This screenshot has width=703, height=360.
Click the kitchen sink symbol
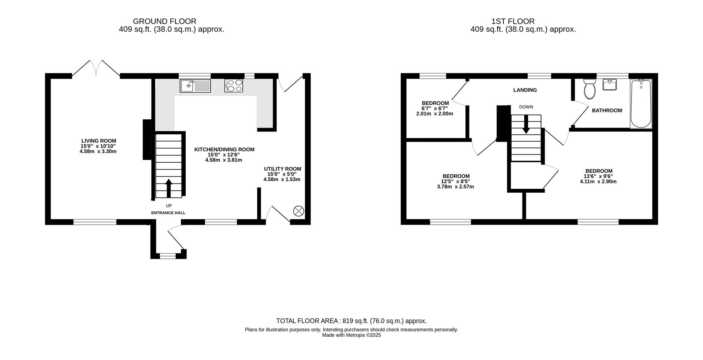(195, 86)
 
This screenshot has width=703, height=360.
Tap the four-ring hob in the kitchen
(234, 86)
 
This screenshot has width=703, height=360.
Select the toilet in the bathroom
(589, 89)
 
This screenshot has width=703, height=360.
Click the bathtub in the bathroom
(641, 104)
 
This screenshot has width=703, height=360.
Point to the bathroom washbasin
(610, 85)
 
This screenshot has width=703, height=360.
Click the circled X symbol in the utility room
(298, 211)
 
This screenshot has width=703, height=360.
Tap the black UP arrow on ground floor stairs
(168, 188)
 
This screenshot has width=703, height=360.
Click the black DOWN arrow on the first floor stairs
(526, 125)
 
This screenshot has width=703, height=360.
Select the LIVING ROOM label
(98, 141)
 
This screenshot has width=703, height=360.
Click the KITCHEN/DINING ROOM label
(224, 149)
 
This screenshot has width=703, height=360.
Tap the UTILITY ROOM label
(282, 169)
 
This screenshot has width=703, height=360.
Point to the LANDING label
(525, 90)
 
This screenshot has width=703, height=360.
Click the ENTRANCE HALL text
(168, 213)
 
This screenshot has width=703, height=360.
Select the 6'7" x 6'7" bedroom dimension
(435, 108)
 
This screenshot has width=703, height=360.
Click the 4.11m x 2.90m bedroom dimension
(598, 181)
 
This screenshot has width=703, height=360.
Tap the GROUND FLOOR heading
(164, 21)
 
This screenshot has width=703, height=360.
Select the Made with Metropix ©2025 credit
(351, 335)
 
